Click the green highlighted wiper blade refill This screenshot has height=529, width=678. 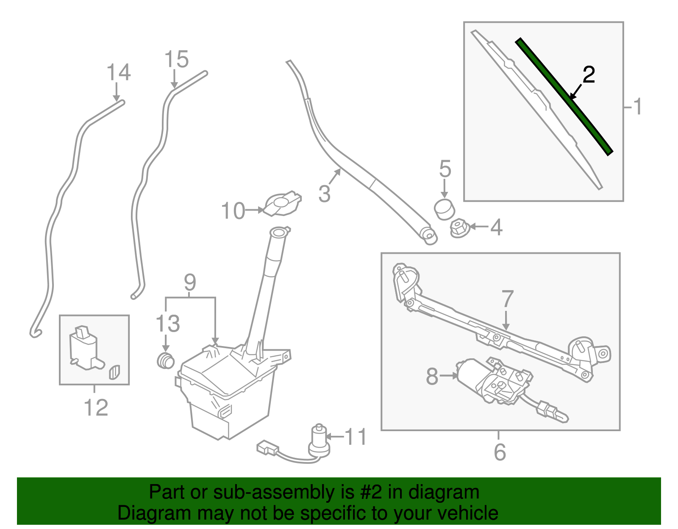coord(564,97)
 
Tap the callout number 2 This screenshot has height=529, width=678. coord(589,75)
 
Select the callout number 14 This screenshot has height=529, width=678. coord(118,72)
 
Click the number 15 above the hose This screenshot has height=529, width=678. coord(176,60)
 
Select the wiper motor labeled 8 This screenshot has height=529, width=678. coord(492,381)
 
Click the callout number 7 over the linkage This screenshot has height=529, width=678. coord(507,299)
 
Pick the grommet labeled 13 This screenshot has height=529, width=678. coord(166,360)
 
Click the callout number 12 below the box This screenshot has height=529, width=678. coord(96,407)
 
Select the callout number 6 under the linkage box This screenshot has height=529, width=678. coord(500,452)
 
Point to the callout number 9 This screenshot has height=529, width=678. coord(190,283)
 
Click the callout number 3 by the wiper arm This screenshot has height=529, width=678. coord(324,194)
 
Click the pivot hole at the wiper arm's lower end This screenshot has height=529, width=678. coord(428,234)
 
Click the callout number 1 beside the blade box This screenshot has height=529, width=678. coord(637,107)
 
